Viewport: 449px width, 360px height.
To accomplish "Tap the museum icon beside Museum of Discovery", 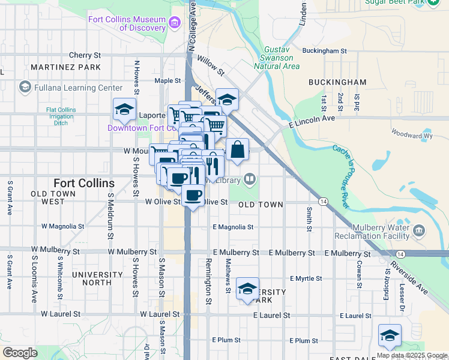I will (175, 23).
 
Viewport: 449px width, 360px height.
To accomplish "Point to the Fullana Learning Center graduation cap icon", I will (25, 88).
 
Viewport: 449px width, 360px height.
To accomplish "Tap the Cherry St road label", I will (85, 55).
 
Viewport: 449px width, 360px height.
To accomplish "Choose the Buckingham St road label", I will (325, 51).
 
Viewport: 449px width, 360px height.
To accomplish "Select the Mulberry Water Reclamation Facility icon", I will (418, 230).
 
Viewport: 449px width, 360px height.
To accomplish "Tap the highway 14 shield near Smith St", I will (324, 202).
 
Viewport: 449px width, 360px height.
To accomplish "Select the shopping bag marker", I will (237, 150).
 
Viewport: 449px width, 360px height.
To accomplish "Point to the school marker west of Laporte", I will (124, 109).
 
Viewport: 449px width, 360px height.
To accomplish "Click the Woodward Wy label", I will (411, 136).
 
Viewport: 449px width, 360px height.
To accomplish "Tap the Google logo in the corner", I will (20, 353).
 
